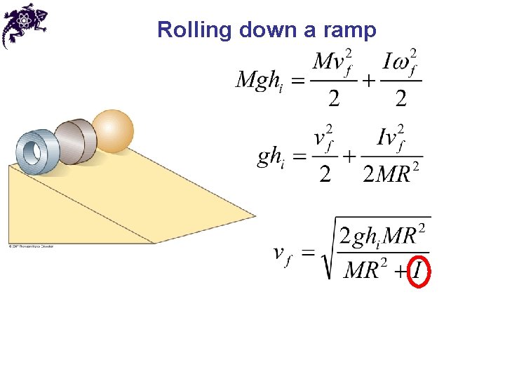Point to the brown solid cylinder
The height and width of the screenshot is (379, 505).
(76, 140)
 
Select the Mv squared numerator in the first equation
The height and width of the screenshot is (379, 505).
(332, 62)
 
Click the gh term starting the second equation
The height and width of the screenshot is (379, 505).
(270, 157)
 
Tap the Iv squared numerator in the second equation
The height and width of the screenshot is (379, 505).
(393, 138)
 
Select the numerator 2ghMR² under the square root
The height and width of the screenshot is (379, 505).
(383, 235)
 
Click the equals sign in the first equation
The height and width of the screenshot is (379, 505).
(298, 82)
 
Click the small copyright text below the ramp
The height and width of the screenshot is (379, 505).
(32, 246)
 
